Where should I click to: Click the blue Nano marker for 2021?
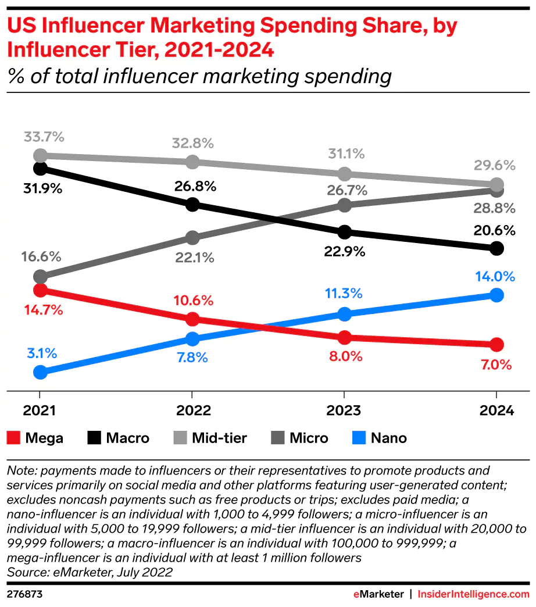coord(40,372)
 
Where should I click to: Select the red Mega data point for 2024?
coord(496,345)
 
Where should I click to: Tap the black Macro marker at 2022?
coord(193,204)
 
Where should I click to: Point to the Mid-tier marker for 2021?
coord(40,155)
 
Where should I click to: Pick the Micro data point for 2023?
coord(344,205)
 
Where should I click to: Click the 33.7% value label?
coord(44,138)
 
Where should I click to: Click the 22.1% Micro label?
coord(193,257)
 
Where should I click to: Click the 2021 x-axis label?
coord(40,410)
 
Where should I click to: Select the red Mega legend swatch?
coord(14,438)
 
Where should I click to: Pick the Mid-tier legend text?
coord(220,438)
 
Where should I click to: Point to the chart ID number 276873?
coord(24,594)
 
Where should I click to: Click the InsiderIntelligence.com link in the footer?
coord(474,594)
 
